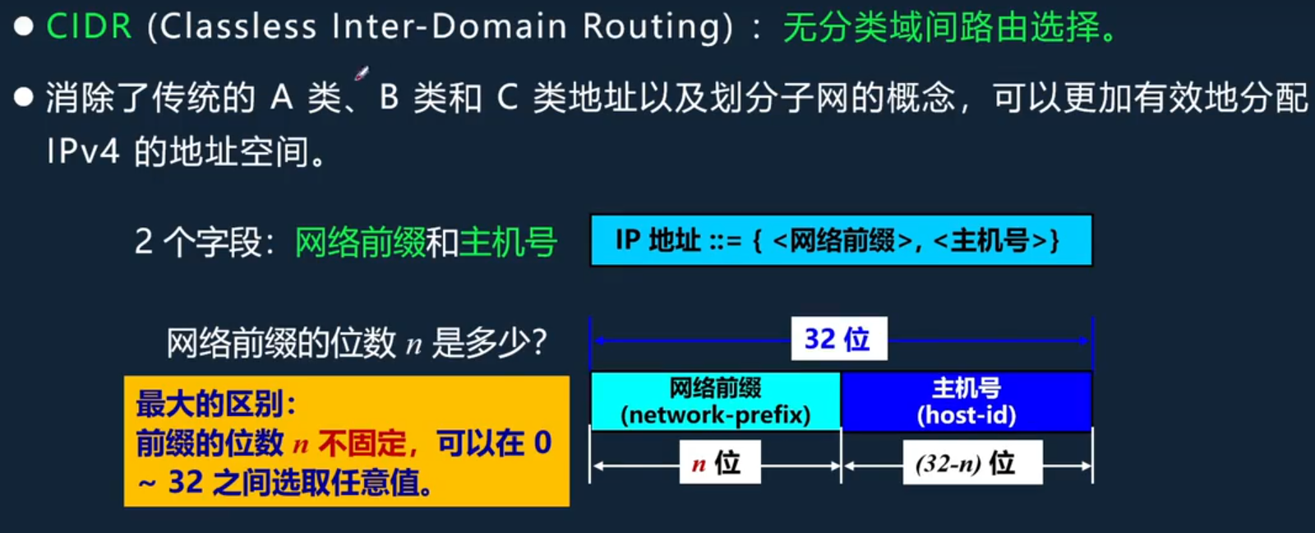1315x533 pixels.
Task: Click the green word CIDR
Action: click(89, 26)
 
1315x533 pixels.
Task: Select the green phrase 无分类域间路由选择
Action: click(942, 28)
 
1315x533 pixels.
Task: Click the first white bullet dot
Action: click(23, 26)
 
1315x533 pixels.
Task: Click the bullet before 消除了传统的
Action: click(23, 98)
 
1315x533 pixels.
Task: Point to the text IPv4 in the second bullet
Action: click(82, 152)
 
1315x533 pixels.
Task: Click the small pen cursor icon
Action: click(361, 74)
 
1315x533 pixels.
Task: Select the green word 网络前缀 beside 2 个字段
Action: click(359, 243)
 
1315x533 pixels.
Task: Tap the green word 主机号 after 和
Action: click(508, 243)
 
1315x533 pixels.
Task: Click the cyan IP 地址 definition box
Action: click(841, 240)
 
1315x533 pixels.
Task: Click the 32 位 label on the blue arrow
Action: click(838, 339)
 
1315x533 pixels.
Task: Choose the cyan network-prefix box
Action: click(715, 401)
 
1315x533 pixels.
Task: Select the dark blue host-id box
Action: click(967, 401)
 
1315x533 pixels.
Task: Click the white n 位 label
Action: click(718, 463)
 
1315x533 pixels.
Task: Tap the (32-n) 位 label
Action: click(971, 463)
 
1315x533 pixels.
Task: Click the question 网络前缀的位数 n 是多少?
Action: click(356, 342)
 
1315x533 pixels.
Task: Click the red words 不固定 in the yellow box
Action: click(362, 443)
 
